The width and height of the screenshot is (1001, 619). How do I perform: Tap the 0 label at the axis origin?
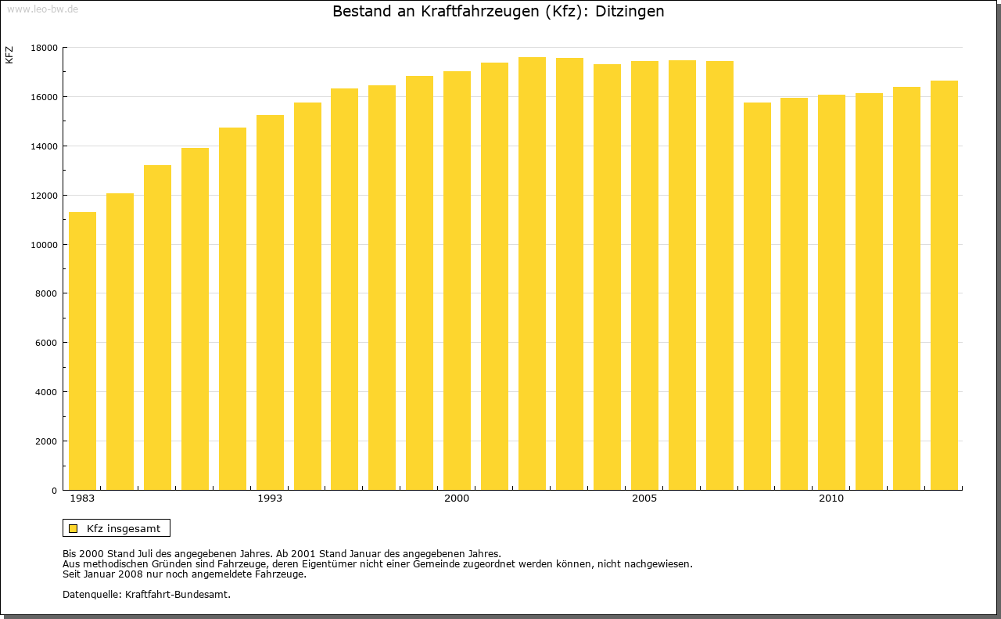click(x=55, y=491)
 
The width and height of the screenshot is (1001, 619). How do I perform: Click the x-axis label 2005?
click(x=644, y=498)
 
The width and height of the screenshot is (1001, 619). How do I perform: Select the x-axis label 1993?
click(x=270, y=498)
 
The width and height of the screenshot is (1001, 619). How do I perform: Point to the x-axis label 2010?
click(x=831, y=498)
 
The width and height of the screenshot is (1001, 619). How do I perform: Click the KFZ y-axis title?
click(x=9, y=55)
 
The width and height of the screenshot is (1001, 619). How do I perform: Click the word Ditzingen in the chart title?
click(x=630, y=12)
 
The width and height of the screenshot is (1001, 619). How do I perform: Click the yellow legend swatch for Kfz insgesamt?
click(x=74, y=528)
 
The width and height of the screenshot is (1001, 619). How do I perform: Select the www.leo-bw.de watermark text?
click(x=42, y=8)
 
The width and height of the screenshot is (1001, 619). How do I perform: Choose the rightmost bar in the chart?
click(x=944, y=285)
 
